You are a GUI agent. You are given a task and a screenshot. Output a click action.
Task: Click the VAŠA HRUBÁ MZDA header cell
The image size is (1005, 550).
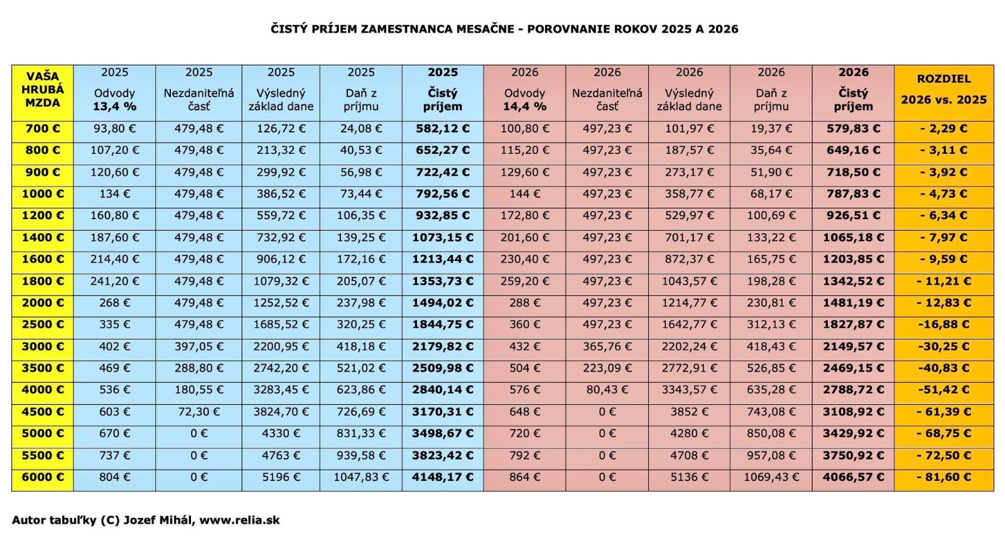(43, 92)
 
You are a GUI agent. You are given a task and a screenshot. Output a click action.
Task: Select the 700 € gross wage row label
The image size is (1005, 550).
(43, 129)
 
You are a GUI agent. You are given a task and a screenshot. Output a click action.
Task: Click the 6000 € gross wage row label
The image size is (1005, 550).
(43, 477)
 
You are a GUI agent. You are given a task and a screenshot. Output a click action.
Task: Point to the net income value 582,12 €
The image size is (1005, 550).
(442, 129)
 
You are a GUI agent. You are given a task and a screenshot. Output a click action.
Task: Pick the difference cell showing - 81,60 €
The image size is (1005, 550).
(943, 477)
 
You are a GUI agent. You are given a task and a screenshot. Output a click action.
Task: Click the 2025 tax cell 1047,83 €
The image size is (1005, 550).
(361, 477)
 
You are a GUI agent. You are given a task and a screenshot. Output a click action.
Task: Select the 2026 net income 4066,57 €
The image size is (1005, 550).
(853, 477)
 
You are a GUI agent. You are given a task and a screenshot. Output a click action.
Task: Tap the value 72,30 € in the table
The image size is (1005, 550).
(198, 412)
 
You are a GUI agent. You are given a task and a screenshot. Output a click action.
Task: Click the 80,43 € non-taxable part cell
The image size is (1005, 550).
(607, 390)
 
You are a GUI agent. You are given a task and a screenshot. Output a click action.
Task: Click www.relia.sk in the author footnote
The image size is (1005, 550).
(239, 520)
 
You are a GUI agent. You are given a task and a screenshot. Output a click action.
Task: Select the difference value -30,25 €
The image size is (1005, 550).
(943, 347)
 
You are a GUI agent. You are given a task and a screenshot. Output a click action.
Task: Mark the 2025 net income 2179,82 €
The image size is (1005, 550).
(442, 347)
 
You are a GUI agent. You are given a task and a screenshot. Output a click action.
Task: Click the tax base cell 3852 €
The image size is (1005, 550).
(689, 412)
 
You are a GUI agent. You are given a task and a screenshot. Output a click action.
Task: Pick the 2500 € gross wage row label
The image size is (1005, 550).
(43, 325)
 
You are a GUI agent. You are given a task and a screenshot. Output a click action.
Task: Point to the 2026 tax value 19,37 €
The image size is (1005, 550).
(771, 129)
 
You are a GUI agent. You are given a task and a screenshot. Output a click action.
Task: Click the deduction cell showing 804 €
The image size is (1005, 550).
(114, 477)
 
